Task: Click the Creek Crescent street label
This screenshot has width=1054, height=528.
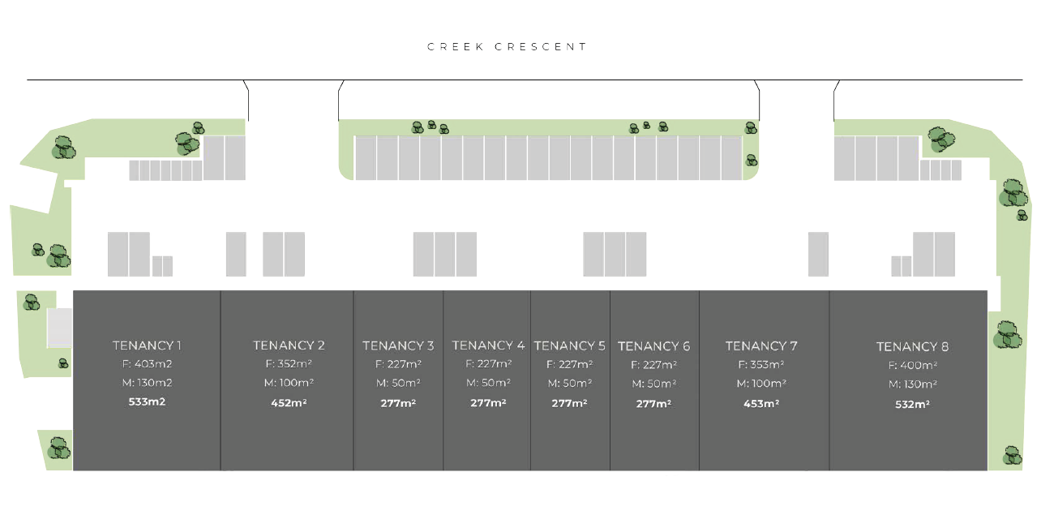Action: [x=508, y=47]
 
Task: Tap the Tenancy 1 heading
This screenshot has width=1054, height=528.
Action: [x=147, y=346]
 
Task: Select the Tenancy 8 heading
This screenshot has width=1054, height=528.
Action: [x=912, y=347]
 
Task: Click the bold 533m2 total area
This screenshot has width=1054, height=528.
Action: [x=147, y=401]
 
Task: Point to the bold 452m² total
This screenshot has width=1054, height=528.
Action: [x=289, y=402]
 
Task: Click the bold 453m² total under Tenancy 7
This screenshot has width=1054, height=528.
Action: [x=761, y=403]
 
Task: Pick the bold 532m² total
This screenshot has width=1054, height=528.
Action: [x=912, y=404]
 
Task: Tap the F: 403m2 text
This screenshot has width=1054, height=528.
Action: [x=147, y=364]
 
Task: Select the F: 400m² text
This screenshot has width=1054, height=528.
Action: [x=912, y=366]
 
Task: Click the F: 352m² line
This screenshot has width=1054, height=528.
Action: [x=289, y=365]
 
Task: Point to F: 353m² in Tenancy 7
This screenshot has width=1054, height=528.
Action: [x=761, y=365]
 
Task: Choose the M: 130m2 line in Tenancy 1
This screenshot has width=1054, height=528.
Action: [x=147, y=383]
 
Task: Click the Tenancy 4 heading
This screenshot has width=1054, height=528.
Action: [x=488, y=346]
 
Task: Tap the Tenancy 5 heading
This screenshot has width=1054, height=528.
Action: [x=570, y=346]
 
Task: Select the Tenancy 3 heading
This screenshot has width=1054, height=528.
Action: [x=398, y=346]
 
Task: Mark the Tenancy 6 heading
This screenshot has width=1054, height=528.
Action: [x=654, y=346]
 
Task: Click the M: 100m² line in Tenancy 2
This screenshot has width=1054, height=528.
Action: [x=289, y=383]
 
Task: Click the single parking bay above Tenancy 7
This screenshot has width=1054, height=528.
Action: [x=818, y=254]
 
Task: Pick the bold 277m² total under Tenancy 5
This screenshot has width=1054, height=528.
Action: [x=569, y=403]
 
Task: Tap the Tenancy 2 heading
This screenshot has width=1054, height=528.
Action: [x=289, y=346]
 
